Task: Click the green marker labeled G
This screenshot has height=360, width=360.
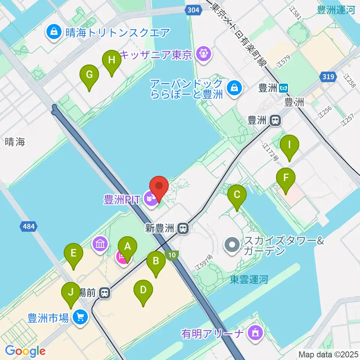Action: [89, 75]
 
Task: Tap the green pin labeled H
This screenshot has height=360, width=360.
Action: [111, 60]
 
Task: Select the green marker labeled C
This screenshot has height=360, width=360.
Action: [237, 195]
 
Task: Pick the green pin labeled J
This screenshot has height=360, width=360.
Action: [70, 292]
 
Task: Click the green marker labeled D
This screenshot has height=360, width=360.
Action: [143, 290]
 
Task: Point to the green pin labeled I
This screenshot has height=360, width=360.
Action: [289, 145]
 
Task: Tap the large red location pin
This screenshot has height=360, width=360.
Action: [159, 186]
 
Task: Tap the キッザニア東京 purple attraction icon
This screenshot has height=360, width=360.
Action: [203, 55]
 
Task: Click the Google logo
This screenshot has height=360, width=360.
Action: [25, 351]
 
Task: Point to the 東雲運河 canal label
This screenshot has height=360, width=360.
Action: [249, 279]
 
